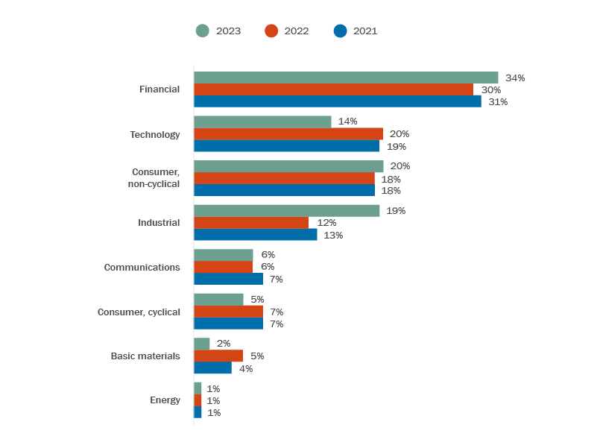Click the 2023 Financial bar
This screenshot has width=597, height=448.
346,78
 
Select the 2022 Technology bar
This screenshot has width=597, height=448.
288,134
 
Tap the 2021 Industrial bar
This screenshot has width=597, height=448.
256,235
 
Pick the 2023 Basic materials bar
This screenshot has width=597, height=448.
202,344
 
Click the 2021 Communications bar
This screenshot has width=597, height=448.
229,279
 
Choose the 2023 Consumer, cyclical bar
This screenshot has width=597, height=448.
218,300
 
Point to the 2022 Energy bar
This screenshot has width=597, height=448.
198,400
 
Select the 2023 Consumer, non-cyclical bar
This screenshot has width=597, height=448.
288,166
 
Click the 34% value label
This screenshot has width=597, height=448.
515,78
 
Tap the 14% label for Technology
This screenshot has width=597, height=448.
347,122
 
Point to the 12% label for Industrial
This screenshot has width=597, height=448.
326,223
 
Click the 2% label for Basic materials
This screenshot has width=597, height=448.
224,344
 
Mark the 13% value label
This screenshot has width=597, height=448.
333,235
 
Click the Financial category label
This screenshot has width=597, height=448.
159,89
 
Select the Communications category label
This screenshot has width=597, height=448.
142,268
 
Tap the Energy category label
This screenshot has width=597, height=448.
165,400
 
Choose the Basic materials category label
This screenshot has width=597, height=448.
145,356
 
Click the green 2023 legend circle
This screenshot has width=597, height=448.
203,31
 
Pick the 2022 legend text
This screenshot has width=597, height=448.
297,31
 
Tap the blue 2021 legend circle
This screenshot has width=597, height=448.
341,31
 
